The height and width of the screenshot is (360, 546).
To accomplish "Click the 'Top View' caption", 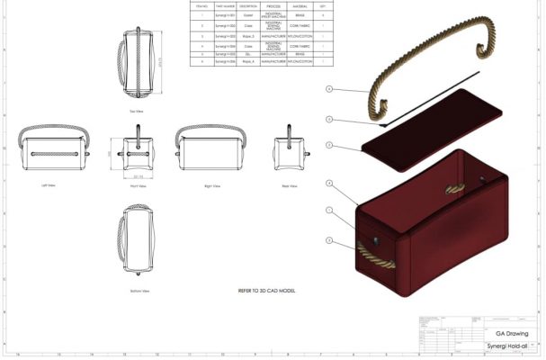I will click(137, 111).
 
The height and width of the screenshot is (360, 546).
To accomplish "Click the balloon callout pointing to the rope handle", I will click(329, 89).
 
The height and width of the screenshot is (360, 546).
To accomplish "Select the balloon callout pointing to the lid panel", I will click(329, 145).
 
